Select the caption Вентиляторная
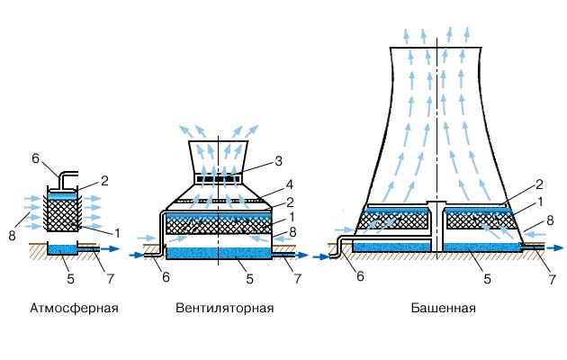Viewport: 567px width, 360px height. point(224,309)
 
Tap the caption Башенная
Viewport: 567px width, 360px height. point(443,309)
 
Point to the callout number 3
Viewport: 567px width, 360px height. point(278,161)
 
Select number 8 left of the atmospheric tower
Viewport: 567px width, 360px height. point(13,211)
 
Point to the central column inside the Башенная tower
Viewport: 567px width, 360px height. point(437,224)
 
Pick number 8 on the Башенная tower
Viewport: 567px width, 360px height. point(550,220)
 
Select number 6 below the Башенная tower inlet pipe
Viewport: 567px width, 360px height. point(361,276)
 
